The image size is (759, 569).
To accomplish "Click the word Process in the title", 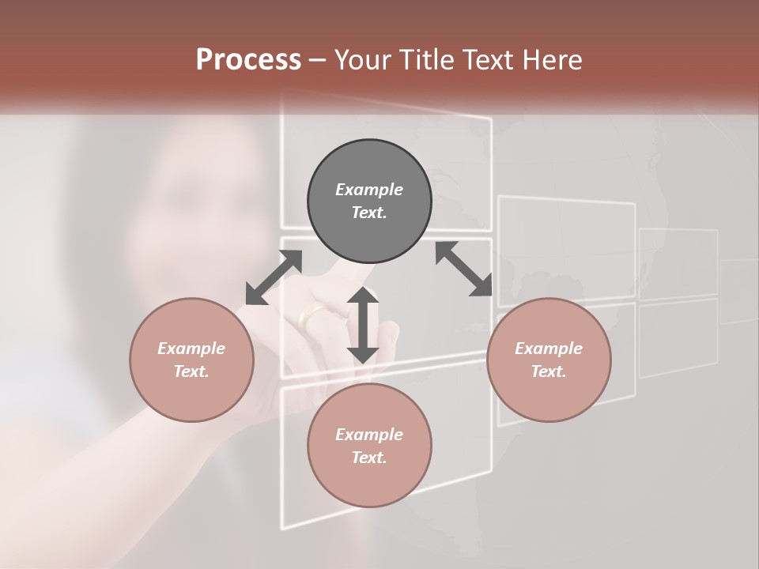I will tap(248, 60).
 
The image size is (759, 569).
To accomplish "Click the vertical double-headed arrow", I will tap(363, 326).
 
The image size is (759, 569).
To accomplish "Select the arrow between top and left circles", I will tap(274, 277).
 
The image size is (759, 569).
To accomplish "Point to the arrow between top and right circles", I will tap(464, 269).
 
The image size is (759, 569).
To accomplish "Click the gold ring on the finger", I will tap(310, 316).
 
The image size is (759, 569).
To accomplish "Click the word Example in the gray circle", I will tap(369, 190).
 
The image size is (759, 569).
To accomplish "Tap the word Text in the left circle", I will tap(191, 371).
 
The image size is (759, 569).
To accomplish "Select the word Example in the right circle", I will tap(549, 349).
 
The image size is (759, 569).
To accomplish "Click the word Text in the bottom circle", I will tap(369, 458).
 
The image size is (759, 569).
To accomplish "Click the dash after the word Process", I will tap(318, 60).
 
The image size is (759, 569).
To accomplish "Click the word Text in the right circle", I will tap(549, 371).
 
